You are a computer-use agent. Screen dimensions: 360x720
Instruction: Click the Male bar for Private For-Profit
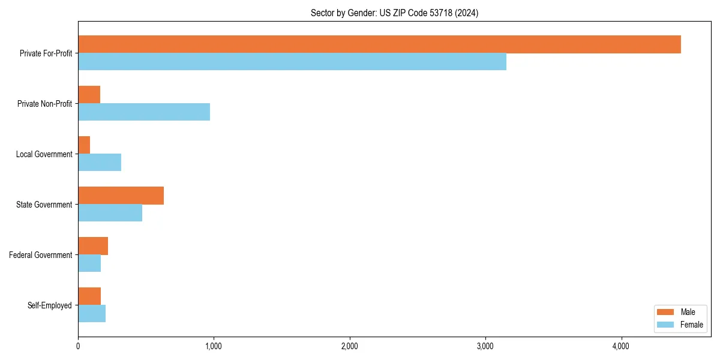click(379, 44)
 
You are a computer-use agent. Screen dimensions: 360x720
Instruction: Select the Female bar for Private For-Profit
click(292, 62)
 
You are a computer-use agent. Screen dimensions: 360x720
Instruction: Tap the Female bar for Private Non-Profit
click(144, 112)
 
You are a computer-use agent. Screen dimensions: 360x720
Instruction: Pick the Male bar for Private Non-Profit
click(89, 95)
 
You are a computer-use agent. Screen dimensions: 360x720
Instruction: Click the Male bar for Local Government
click(84, 145)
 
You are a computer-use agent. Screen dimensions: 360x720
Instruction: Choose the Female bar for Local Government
click(100, 163)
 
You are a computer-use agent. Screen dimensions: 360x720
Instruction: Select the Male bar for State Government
click(121, 196)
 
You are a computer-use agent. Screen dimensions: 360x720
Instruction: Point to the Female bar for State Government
click(110, 213)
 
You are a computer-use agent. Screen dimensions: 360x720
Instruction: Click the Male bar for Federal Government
click(93, 246)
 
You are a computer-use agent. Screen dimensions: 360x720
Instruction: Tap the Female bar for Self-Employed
click(92, 314)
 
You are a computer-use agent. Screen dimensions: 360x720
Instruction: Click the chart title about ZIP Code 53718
click(394, 13)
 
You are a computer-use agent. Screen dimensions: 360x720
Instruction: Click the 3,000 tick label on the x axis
click(485, 346)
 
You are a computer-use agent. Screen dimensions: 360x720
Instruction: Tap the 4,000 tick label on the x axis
click(620, 346)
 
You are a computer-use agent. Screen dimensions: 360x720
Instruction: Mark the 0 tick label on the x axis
click(78, 346)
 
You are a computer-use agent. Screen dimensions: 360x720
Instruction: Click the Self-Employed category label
click(49, 305)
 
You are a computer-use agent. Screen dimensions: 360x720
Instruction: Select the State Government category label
click(44, 205)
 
